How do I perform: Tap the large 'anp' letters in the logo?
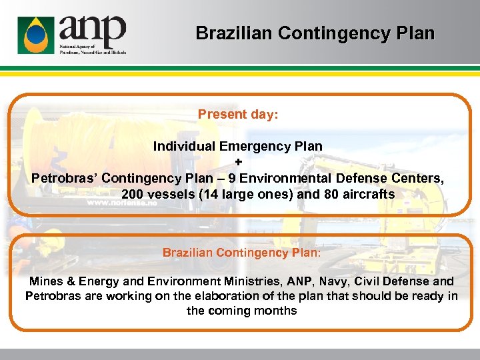pos(91,29)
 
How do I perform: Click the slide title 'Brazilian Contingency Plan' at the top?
pos(315,33)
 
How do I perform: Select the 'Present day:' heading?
pos(238,114)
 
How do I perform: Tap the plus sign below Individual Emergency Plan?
pos(238,162)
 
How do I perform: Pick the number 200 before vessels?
pos(133,195)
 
